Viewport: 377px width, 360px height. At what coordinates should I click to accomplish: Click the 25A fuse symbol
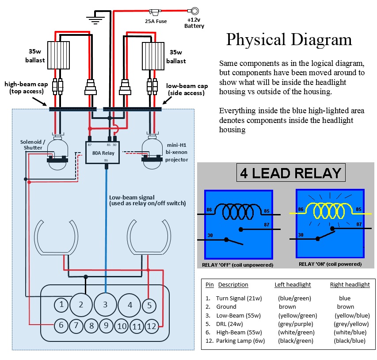click(155, 11)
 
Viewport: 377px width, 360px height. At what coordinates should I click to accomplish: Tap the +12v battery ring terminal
click(194, 11)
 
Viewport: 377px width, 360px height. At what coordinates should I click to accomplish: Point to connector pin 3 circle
click(105, 304)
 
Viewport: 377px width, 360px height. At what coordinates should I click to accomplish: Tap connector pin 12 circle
click(151, 326)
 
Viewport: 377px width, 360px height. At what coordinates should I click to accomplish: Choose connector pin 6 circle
click(61, 326)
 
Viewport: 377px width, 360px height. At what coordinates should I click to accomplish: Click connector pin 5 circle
click(149, 305)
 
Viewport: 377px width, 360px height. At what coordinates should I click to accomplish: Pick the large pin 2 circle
click(81, 304)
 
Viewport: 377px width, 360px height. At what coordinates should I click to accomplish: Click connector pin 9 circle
click(106, 326)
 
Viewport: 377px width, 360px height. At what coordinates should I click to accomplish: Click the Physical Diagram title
click(289, 40)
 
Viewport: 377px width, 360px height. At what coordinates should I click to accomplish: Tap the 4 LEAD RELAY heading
click(291, 173)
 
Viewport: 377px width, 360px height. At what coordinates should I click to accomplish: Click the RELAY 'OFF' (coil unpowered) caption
click(237, 264)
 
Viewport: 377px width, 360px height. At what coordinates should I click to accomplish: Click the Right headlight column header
click(350, 285)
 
